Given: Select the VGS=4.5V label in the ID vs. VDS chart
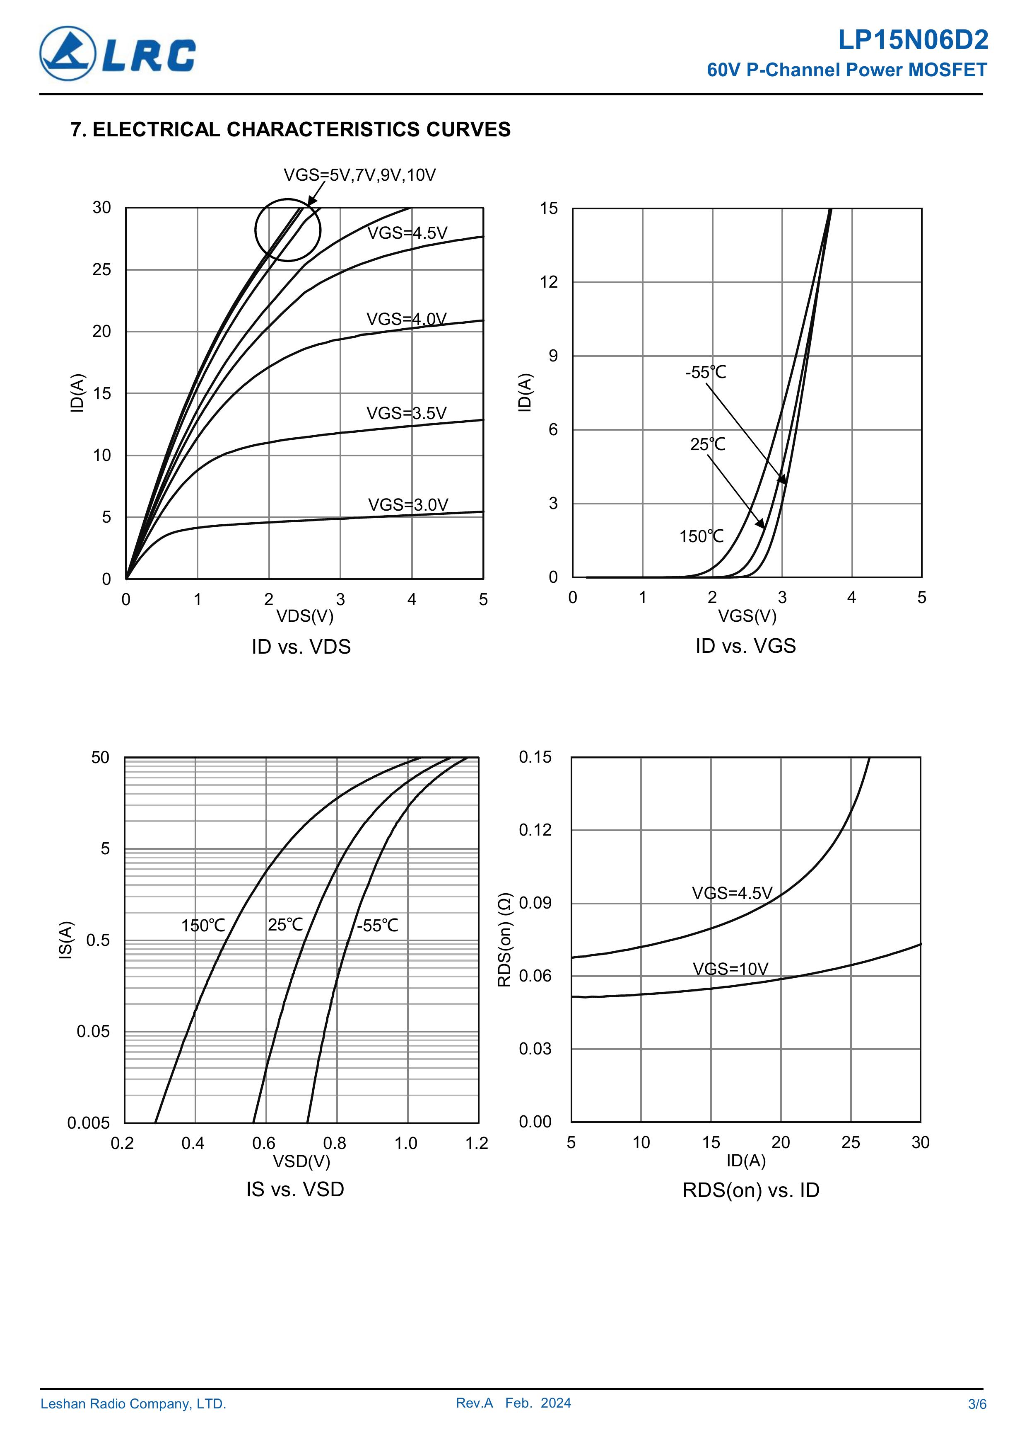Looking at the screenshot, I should tap(407, 233).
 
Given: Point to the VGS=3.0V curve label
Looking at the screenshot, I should tap(407, 505).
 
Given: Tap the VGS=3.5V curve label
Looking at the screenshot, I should tap(406, 414).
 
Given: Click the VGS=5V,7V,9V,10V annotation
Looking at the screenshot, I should tap(359, 175).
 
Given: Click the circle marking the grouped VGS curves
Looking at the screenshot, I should tap(288, 230).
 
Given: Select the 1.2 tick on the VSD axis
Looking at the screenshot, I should tap(477, 1143).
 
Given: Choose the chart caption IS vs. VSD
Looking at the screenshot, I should tap(295, 1189).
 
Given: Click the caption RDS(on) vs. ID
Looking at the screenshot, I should tap(750, 1190).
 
